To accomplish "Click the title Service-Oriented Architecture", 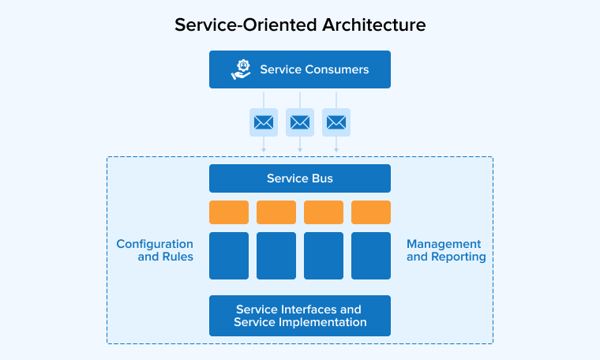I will pos(300,24).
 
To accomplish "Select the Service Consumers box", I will pos(300,69).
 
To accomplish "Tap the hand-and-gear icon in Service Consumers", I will pos(241,69).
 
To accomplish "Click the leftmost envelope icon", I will pos(264,122).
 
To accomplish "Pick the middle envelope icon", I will pos(300,122).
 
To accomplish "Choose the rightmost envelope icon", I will pos(336,122).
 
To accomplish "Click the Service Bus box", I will pos(300,178).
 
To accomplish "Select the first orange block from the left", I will pos(229,212).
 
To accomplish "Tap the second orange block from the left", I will pos(276,212).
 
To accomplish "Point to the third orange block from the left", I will pos(324,212).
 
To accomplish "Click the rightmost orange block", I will pos(371,212).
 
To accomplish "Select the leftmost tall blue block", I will pos(229,256).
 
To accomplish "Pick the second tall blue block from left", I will pos(276,256).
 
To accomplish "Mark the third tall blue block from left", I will pos(324,256).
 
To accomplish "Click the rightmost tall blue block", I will pos(371,256).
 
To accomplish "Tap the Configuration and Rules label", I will pos(155,250).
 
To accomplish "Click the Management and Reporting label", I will pos(446,250).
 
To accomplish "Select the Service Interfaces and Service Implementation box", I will pos(300,316).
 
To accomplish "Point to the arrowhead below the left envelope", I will pos(264,149).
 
